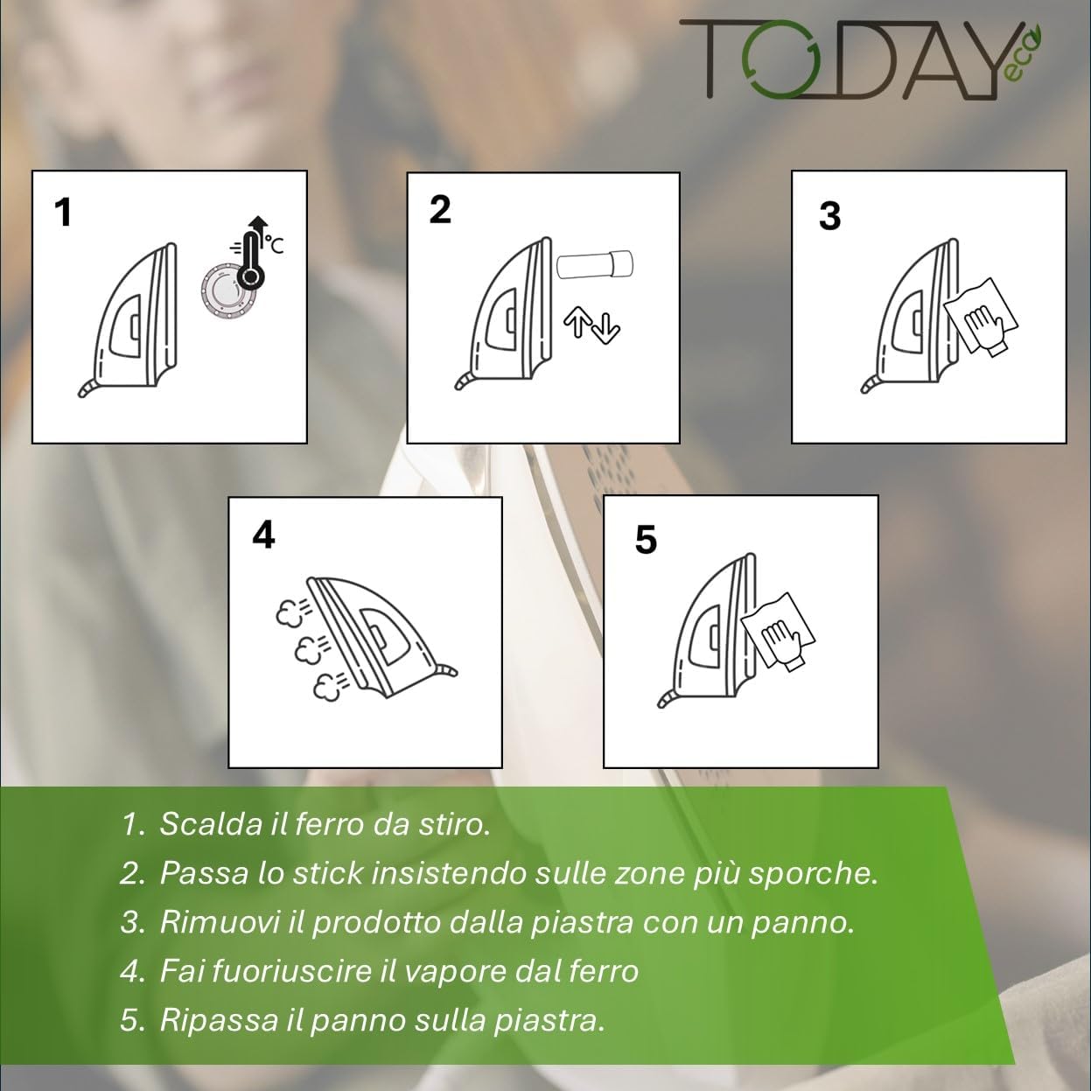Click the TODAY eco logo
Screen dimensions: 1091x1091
coord(861,60)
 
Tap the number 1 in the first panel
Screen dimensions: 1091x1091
coord(63,213)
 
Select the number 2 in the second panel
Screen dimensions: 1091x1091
coord(440,210)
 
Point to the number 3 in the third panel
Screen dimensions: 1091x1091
coord(829,216)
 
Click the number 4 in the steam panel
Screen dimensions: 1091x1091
coord(264,535)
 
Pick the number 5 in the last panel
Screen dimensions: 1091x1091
coord(646,540)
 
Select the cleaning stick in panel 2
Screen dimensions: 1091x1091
coord(594,264)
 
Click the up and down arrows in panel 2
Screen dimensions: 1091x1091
coord(591,325)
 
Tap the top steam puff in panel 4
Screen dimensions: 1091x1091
coord(292,612)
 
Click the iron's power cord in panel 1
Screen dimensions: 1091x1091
coord(87,388)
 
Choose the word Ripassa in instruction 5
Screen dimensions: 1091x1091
coord(220,1021)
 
